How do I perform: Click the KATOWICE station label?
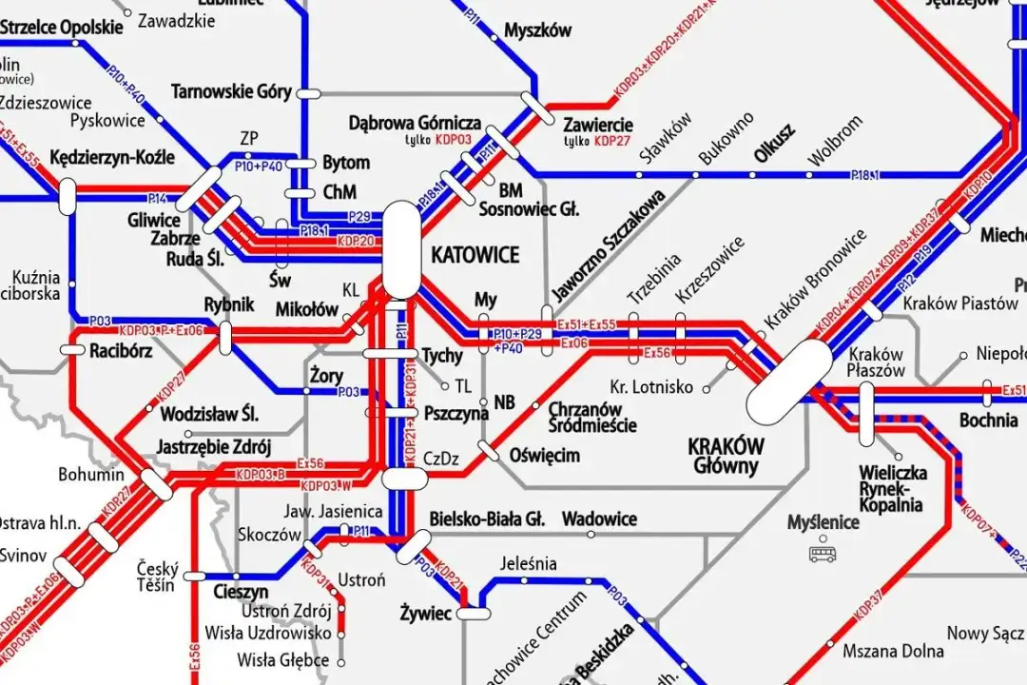pos(475,255)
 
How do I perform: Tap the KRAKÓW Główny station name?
pos(725,455)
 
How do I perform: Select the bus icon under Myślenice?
pos(820,553)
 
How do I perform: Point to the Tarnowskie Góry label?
pos(231,92)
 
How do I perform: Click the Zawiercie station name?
pos(597,125)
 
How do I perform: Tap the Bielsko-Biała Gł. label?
pos(486,519)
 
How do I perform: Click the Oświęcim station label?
pos(544,456)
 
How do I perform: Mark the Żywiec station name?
pos(425,614)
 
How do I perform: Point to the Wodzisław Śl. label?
pos(209,415)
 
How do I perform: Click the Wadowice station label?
pos(599,519)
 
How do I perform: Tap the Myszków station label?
pos(537,30)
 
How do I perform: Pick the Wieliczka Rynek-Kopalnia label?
pos(890,488)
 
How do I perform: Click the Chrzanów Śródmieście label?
pos(591,418)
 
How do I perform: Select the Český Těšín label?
pos(156,576)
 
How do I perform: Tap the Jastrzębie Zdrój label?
pos(216,447)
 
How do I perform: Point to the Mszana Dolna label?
pos(893,652)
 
